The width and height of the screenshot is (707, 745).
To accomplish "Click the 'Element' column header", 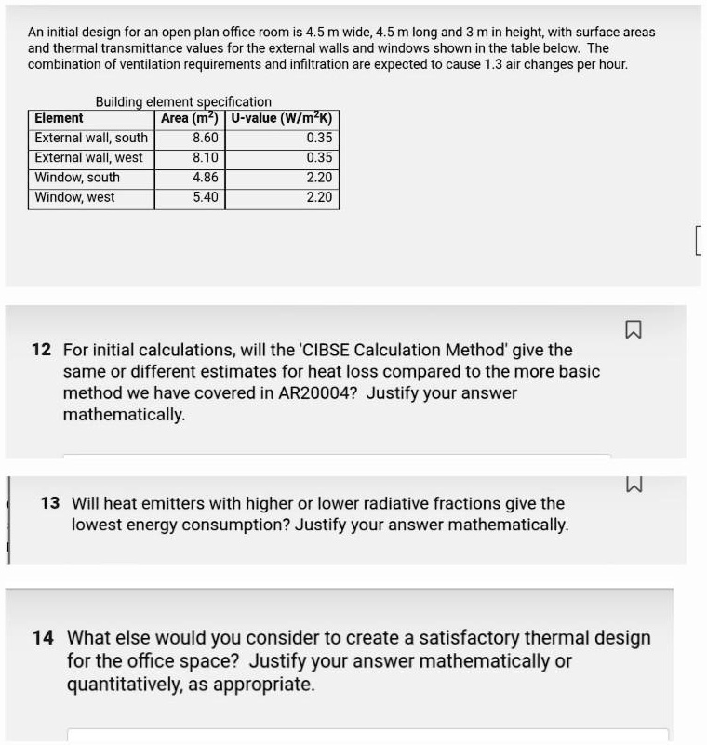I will [59, 118].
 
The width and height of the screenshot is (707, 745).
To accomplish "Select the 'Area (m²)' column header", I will [189, 118].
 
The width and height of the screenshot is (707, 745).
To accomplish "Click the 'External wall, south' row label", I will [91, 138].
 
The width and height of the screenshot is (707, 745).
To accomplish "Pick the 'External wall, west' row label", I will [88, 157].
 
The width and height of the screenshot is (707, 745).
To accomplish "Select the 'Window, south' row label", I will [77, 177].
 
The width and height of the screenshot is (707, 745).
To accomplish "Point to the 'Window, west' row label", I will [74, 197].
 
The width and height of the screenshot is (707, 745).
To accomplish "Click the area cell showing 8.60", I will [205, 138].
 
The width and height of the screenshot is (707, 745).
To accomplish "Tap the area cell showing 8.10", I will [205, 157].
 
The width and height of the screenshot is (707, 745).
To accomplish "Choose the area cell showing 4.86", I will [205, 177].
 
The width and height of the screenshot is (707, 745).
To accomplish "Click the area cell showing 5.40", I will [205, 197].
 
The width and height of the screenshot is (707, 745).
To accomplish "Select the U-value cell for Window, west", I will [318, 197].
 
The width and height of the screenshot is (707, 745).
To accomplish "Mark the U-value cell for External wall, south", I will [318, 138].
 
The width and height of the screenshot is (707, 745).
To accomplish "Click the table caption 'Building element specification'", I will [183, 101].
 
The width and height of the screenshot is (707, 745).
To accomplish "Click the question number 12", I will [41, 351].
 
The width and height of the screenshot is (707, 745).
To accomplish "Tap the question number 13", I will [50, 503].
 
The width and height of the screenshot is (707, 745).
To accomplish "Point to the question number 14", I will [43, 638].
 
